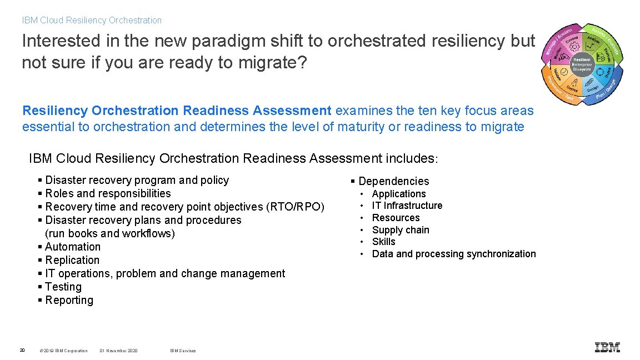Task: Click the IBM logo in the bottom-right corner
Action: point(607,347)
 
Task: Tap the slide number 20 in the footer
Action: point(22,350)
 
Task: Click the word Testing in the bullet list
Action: point(63,287)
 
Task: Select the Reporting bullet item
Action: point(69,300)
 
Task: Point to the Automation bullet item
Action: point(73,247)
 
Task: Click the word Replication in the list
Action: point(72,260)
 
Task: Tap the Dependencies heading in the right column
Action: point(393,181)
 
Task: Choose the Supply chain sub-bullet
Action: point(401,230)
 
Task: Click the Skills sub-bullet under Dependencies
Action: point(383,242)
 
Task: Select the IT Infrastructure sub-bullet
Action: point(407,206)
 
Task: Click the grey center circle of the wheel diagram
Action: point(582,64)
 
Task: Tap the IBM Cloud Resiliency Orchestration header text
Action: point(92,21)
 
